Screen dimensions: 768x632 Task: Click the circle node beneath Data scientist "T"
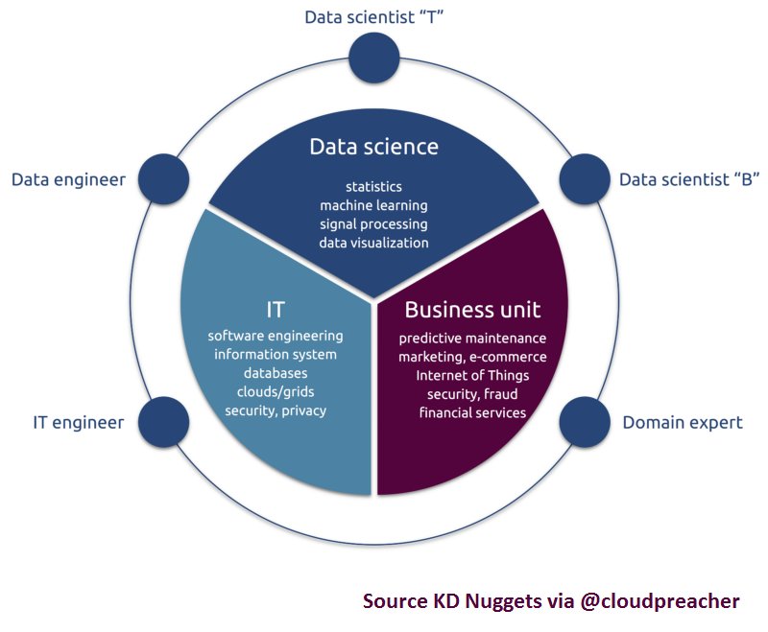coord(373,58)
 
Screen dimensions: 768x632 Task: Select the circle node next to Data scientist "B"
coord(585,178)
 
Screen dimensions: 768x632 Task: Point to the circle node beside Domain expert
coord(585,420)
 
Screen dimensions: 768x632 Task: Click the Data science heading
coord(373,147)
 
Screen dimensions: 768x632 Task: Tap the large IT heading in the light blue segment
coord(276,309)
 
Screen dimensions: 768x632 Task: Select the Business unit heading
coord(472,310)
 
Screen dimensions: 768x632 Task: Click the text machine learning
coord(373,205)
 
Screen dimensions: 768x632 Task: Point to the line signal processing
coord(373,223)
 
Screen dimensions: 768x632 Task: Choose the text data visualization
coord(373,243)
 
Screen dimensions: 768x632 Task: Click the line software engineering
coord(276,336)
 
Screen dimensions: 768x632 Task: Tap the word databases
coord(276,373)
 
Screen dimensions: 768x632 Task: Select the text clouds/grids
coord(276,391)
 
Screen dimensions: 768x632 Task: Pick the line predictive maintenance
coord(472,338)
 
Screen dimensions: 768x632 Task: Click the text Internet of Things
coord(472,375)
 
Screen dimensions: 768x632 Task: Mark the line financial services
coord(472,412)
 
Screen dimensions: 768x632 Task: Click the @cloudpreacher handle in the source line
coord(660,601)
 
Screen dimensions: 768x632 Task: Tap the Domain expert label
coord(683,422)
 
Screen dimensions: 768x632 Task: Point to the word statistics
coord(373,186)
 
